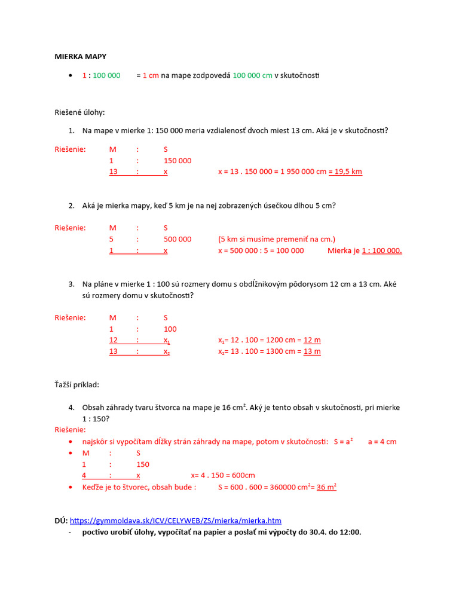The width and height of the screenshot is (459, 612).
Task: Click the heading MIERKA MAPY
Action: pos(81,57)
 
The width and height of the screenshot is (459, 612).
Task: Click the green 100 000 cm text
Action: pos(252,75)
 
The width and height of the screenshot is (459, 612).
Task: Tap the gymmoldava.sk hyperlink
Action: pos(176,521)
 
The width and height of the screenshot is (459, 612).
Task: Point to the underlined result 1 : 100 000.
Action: pos(382,250)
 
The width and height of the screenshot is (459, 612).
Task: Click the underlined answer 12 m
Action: pos(312,340)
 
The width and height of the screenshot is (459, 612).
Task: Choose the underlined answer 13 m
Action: pos(312,351)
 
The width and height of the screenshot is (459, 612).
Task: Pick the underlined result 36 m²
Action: pos(326,487)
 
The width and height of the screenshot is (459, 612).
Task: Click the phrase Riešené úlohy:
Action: pos(79,112)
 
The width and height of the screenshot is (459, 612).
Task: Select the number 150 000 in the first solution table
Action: pos(178,161)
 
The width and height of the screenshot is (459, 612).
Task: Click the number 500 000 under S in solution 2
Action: pos(178,239)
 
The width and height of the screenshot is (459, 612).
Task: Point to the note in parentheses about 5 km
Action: pos(277,239)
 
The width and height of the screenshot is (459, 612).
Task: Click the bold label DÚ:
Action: pos(61,521)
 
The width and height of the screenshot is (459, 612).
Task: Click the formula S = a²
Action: pos(344,442)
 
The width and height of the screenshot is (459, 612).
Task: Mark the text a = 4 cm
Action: pos(382,442)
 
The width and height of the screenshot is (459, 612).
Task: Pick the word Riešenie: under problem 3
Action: pos(71,317)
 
